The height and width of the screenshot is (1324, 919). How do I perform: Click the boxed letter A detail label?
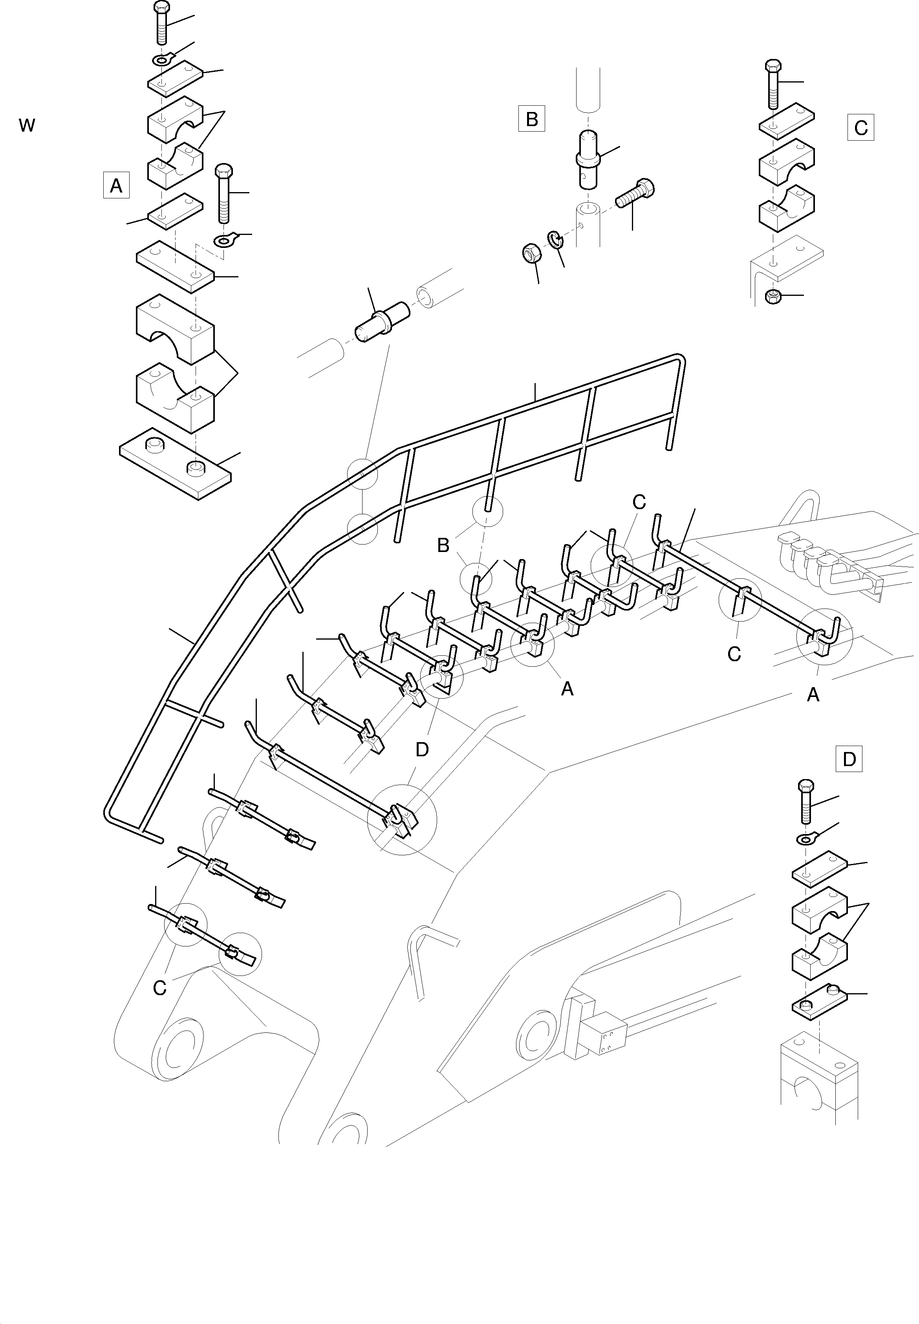[116, 185]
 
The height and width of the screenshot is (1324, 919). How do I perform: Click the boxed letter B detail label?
[531, 119]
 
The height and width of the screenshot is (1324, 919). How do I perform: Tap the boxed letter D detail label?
[849, 759]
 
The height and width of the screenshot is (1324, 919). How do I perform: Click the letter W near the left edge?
[27, 125]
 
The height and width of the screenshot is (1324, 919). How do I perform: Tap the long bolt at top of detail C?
[773, 84]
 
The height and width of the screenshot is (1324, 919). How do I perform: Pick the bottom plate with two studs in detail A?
[175, 463]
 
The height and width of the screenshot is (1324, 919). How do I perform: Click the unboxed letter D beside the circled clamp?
[422, 749]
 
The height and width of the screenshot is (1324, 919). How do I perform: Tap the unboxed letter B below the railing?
[443, 545]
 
